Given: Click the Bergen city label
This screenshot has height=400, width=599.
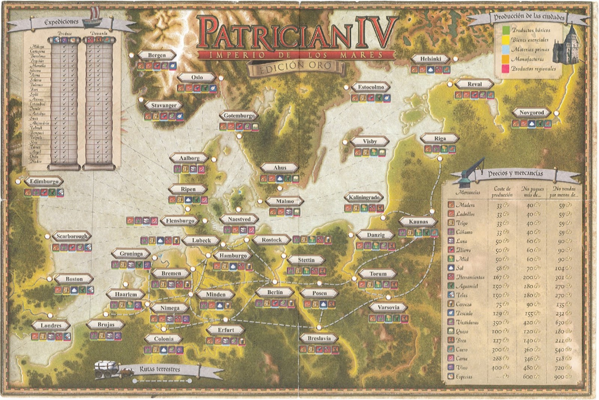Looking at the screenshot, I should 156,55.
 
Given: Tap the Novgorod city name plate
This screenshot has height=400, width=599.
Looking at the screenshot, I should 531,112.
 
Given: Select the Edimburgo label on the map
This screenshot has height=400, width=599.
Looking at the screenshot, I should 44,182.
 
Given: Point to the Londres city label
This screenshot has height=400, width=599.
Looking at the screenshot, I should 51,325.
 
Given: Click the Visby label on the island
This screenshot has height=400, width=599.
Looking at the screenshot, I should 370,142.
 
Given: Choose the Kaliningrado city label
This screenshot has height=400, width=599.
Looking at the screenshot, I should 364,197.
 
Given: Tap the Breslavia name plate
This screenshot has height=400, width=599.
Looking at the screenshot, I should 319,338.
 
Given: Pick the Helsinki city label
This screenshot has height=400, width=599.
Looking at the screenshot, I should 431,59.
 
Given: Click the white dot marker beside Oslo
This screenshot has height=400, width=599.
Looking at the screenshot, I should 221,78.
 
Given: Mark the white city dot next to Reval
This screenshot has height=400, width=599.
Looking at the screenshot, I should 450,85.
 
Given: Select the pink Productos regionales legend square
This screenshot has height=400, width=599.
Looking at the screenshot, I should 506,69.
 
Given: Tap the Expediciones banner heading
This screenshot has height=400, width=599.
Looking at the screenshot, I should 61,22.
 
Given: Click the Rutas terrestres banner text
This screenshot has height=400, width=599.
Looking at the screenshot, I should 160,369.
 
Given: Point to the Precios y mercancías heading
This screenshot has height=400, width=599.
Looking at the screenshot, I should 515,173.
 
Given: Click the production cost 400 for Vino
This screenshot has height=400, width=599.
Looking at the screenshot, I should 497,368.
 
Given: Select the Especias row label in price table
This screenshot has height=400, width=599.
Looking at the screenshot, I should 464,377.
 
